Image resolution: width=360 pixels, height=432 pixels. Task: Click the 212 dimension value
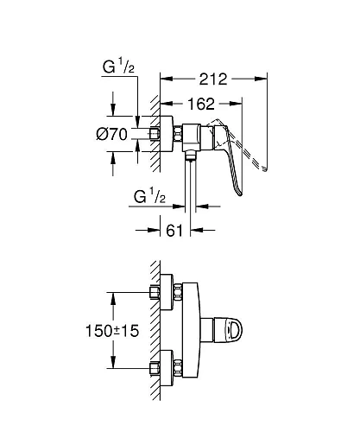click(212, 79)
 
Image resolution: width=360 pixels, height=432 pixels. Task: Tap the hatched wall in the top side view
click(154, 130)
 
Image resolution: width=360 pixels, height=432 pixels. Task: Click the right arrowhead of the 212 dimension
click(258, 79)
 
